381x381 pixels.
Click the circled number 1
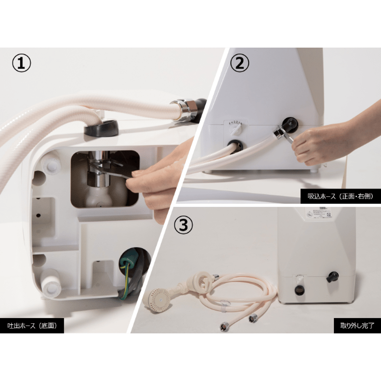pos(21,63)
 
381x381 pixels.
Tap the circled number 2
pos(240,63)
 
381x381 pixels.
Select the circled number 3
pos(184,225)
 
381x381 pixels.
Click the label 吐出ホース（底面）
pos(32,326)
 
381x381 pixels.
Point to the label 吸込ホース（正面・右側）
pos(341,196)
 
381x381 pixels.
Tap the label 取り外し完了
pos(357,326)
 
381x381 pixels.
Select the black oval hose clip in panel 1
pos(101,128)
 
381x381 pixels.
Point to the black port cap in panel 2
pos(290,124)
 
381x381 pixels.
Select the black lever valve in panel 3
pos(332,277)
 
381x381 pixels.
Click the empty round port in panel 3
pos(300,290)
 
